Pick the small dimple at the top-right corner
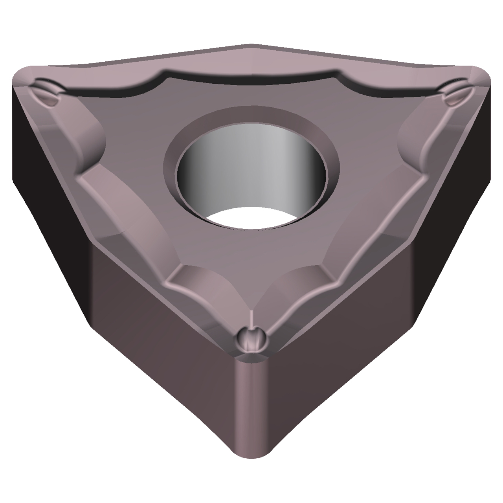tap(457, 94)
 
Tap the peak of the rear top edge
tap(251, 44)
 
